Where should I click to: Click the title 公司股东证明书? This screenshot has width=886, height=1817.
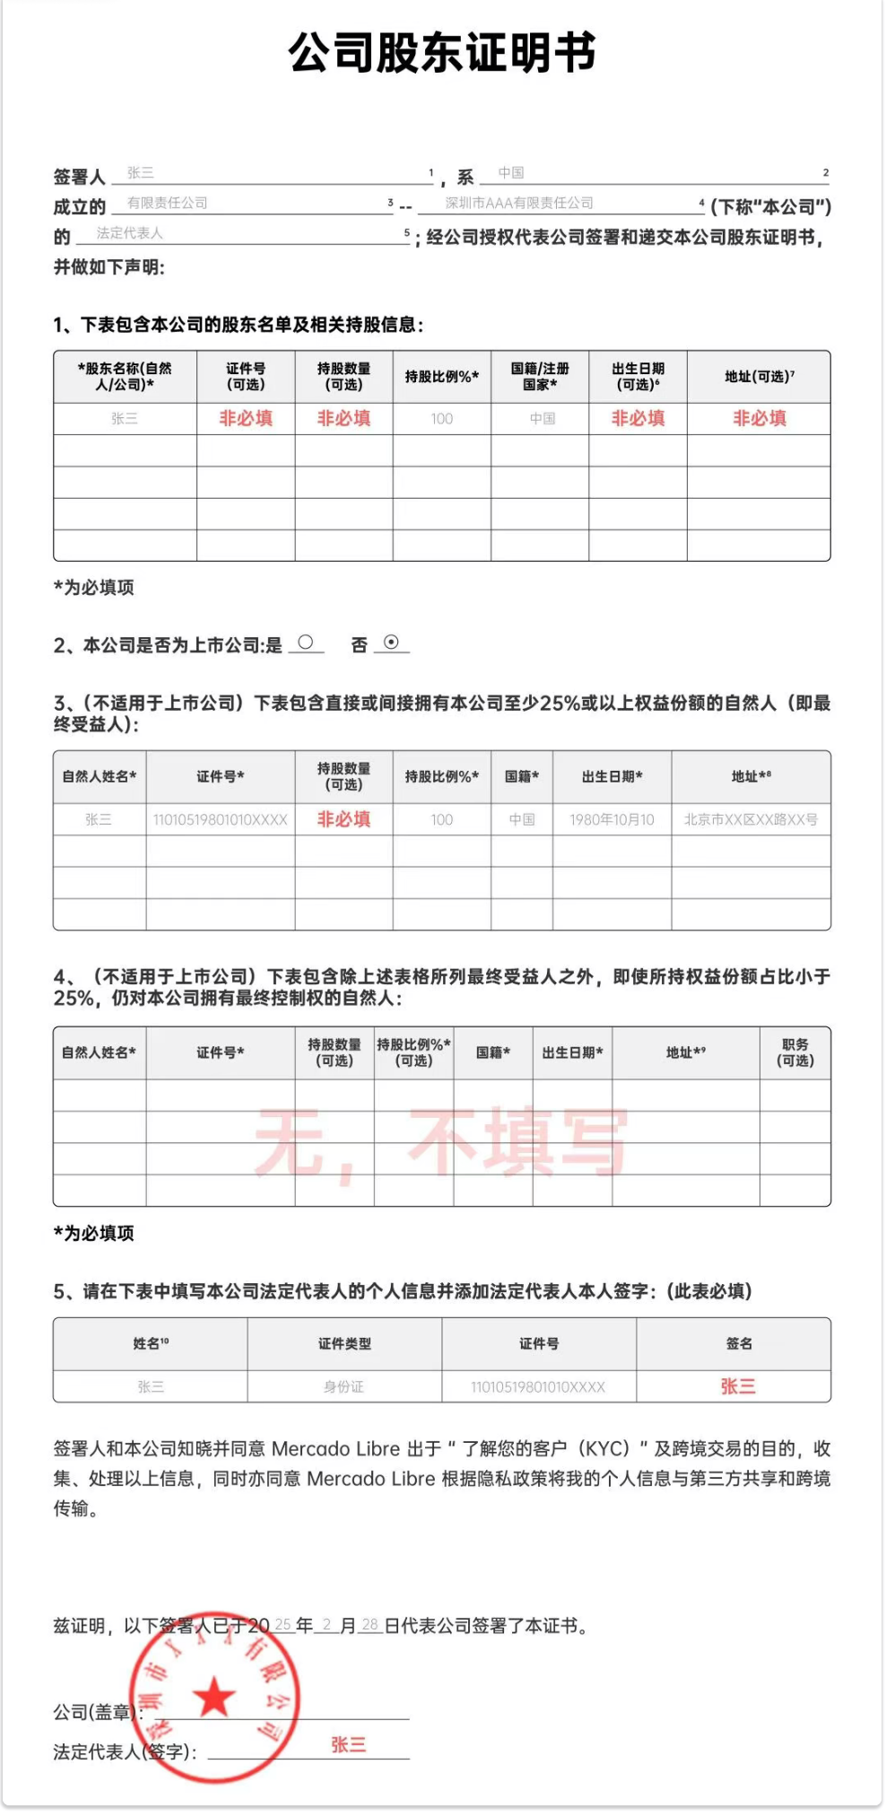coord(442,53)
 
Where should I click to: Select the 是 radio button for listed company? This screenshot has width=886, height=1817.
coord(306,642)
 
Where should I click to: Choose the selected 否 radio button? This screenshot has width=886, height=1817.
coord(391,642)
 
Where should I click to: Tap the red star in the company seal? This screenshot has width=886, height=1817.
coord(214,1697)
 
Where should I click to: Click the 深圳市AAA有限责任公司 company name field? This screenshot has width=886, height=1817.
coord(519,204)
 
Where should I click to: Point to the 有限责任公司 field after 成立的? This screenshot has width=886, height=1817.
coord(168,204)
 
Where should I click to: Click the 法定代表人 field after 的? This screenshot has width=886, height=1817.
coord(130,233)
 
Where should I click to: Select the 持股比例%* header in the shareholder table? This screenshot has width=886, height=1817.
coord(441,377)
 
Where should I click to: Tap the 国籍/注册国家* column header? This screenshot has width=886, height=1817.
coord(540,377)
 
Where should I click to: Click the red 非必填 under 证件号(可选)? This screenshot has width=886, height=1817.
coord(246,418)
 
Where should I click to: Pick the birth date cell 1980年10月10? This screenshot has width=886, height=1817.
coord(612,819)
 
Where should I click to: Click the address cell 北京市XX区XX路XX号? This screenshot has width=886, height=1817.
coord(751,819)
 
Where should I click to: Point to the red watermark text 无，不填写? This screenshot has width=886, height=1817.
coord(441,1141)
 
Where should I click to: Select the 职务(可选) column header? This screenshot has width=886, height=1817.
coord(795,1053)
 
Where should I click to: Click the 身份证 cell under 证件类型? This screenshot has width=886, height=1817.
coord(343,1387)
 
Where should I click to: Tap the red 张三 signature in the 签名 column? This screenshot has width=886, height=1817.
coord(738,1386)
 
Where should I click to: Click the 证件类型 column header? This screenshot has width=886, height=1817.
coord(344,1343)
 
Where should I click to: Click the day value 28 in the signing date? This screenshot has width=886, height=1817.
coord(369,1625)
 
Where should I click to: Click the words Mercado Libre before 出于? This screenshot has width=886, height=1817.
coord(335,1449)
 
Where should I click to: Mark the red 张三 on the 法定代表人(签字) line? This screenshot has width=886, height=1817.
coord(348,1745)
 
